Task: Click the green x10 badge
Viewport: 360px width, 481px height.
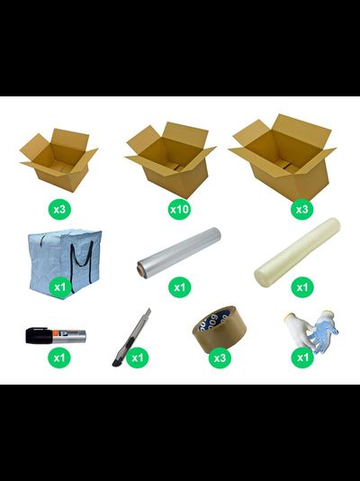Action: (x=179, y=209)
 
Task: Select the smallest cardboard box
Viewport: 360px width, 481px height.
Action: (x=58, y=160)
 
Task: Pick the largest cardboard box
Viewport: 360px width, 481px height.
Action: (x=283, y=158)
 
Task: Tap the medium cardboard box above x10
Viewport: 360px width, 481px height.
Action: (x=171, y=160)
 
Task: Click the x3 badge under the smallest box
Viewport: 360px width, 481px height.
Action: (x=59, y=209)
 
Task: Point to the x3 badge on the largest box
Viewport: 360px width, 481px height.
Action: (x=302, y=209)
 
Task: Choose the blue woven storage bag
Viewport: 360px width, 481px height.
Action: (x=65, y=264)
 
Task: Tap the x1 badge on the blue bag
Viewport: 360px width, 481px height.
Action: (x=60, y=286)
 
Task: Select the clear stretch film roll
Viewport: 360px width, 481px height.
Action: (x=179, y=253)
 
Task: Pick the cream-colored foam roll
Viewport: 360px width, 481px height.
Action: (x=297, y=252)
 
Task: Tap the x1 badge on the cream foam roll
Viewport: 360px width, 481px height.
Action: (x=302, y=286)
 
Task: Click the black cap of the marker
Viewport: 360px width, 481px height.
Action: (x=39, y=335)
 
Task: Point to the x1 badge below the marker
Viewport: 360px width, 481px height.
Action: (x=59, y=358)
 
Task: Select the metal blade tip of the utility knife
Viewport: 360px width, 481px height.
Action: (x=148, y=313)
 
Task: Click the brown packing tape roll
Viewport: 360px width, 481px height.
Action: (x=220, y=329)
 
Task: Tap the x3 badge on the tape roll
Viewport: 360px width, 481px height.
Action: (x=220, y=358)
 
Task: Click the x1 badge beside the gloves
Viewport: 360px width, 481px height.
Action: (x=302, y=358)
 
